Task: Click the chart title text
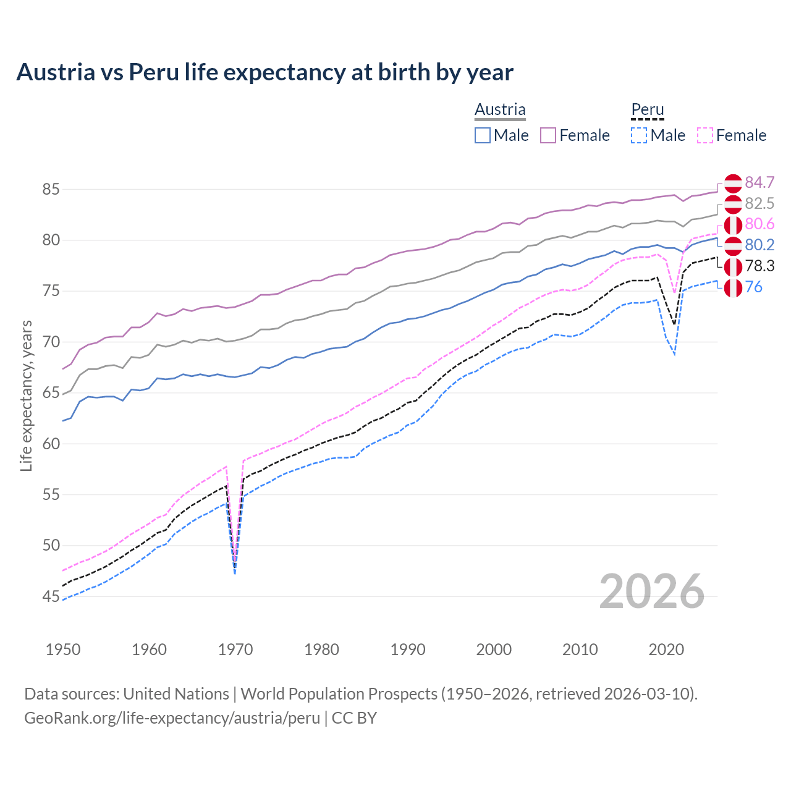(264, 72)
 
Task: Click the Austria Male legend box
(483, 135)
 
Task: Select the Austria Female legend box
(548, 135)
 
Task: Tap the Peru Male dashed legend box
(639, 135)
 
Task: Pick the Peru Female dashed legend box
(705, 135)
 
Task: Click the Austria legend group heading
(500, 109)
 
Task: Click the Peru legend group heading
(647, 109)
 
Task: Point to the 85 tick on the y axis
(51, 189)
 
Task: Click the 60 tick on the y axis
(51, 444)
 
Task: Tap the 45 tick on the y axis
(51, 596)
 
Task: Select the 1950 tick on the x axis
(63, 649)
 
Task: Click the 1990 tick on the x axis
(408, 649)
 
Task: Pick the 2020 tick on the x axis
(666, 649)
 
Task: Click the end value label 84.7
(759, 182)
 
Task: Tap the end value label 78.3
(759, 266)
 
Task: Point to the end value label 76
(754, 287)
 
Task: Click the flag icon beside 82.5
(733, 204)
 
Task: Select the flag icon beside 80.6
(733, 225)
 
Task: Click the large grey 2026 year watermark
(651, 591)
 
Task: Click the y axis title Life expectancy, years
(27, 395)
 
